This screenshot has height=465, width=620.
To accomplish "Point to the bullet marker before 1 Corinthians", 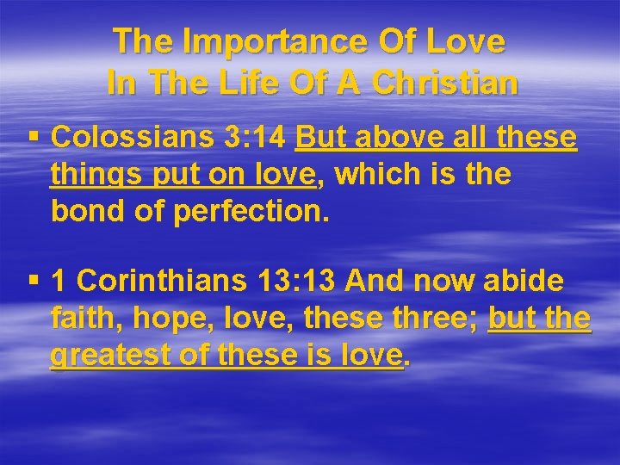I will pos(34,281).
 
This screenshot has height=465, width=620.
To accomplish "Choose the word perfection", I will pos(251,212).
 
